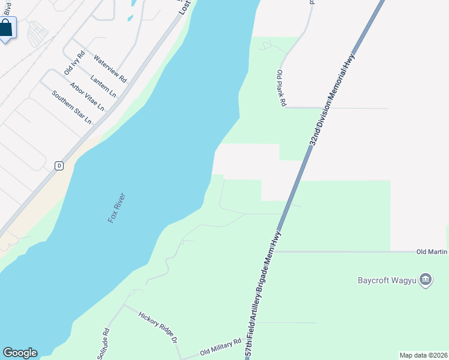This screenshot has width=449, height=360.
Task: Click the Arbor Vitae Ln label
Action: point(87,97)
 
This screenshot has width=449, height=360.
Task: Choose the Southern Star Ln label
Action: point(71,107)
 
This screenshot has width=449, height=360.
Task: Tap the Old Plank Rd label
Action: point(281,88)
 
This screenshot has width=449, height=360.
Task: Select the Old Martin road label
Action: point(432,252)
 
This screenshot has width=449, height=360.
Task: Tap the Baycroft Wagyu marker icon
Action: point(426,279)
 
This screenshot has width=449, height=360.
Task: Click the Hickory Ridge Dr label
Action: point(159,327)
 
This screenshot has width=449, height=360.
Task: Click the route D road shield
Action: point(59,166)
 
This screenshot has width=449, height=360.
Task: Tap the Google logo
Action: point(20,353)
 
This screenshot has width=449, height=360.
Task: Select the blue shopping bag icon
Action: point(6,28)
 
